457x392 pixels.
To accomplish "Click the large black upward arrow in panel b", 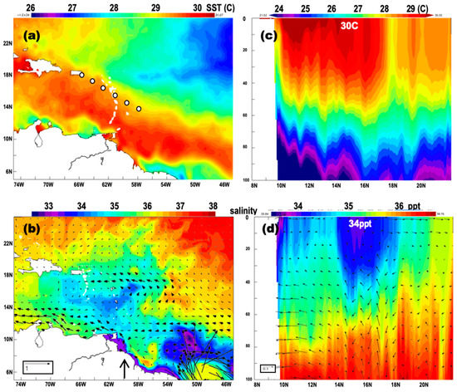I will pyautogui.click(x=125, y=366).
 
